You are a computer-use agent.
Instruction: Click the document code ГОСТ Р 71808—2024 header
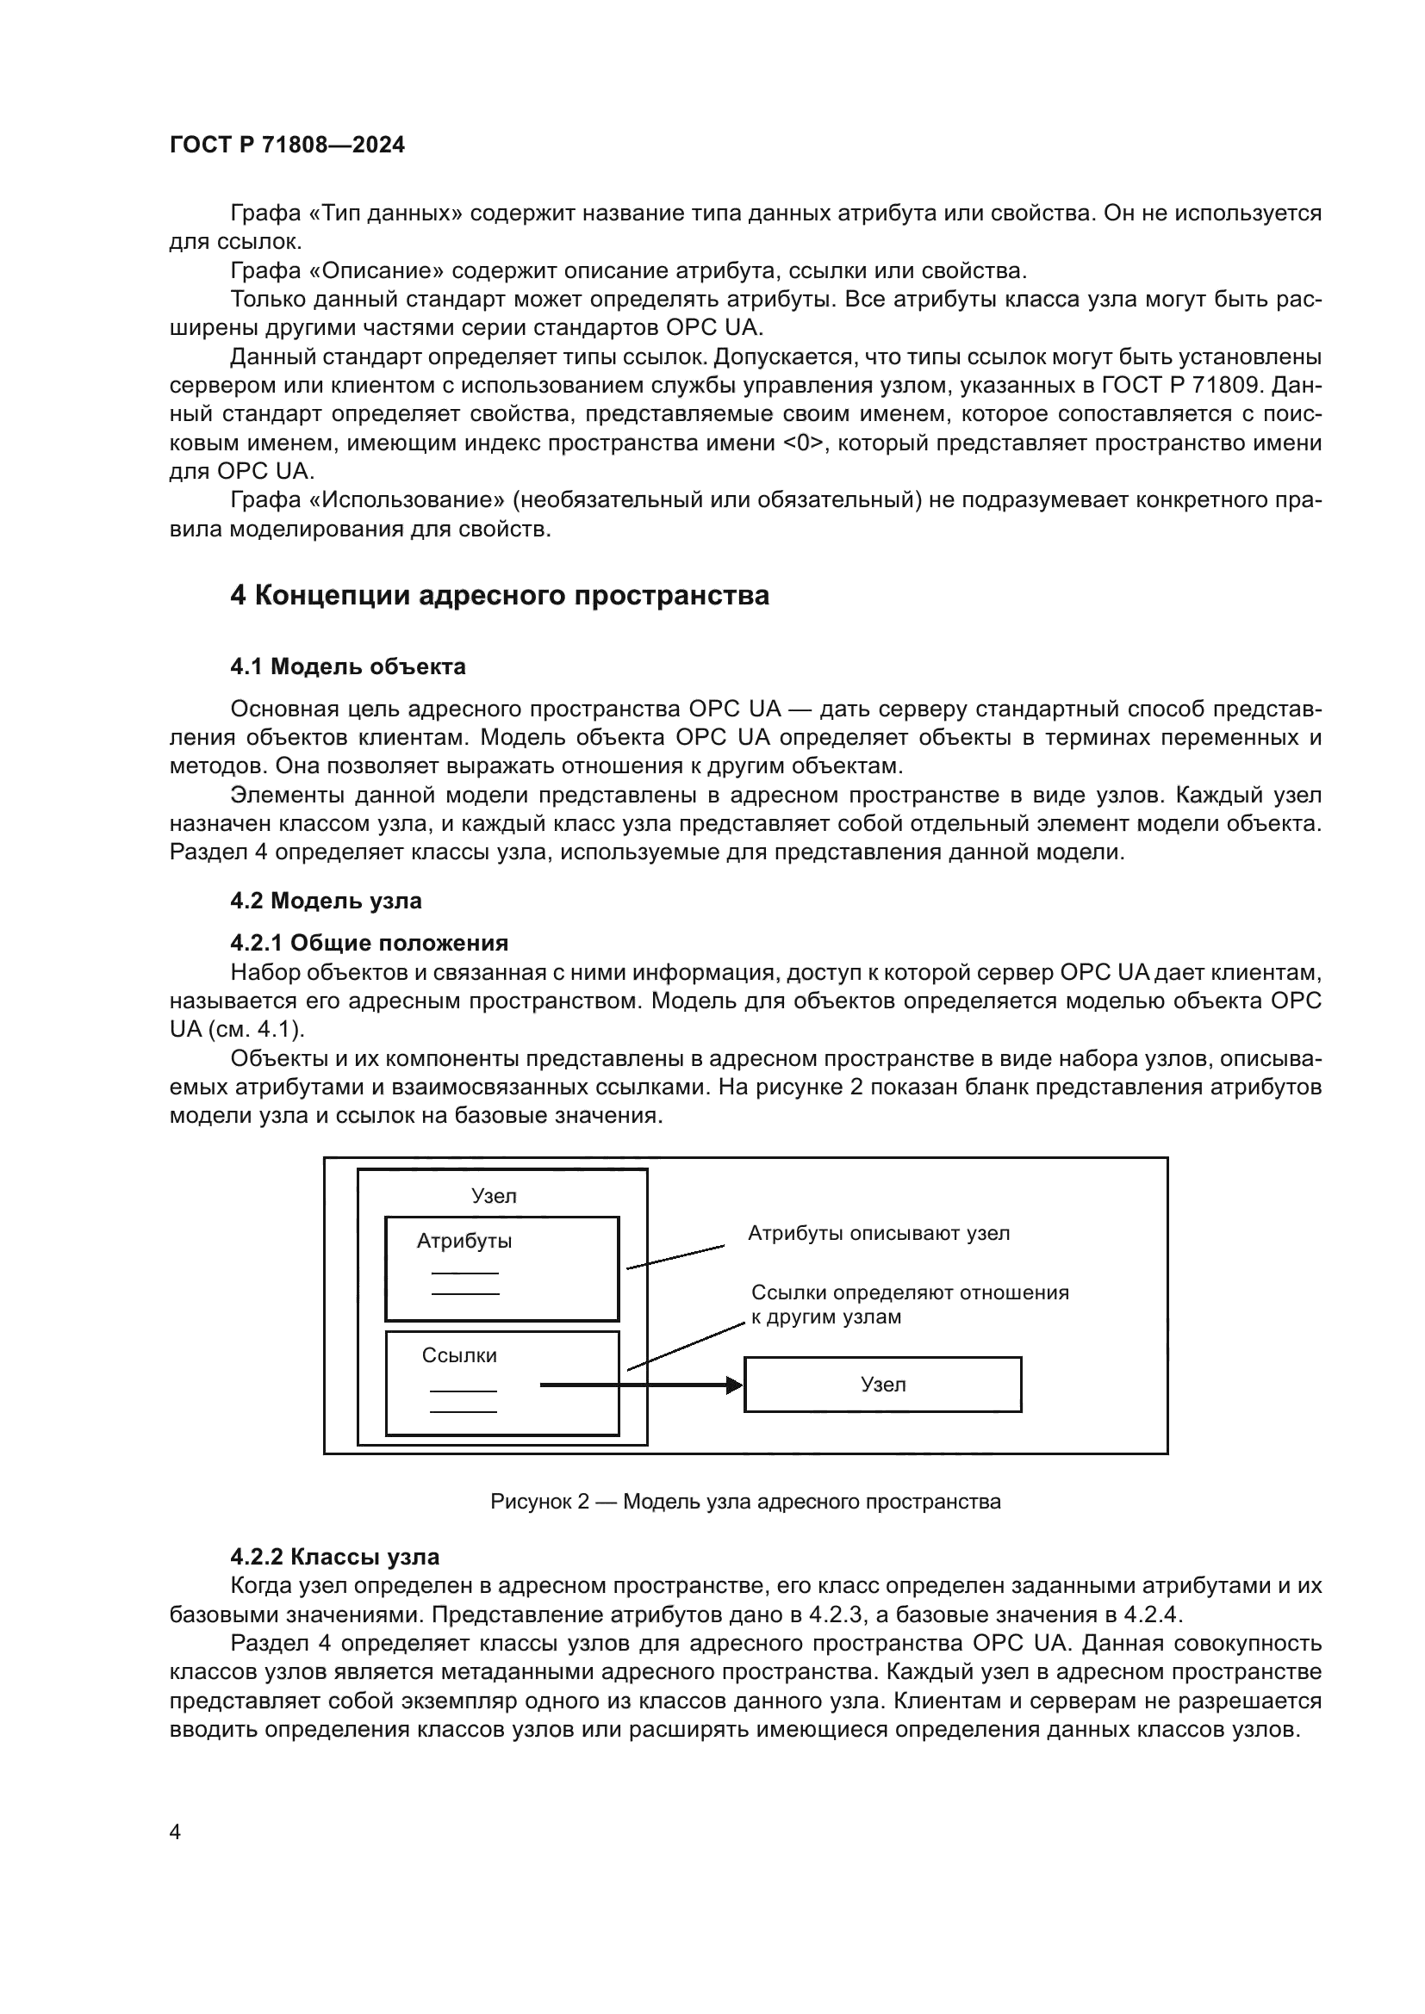[287, 146]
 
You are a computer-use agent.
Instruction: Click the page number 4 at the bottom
[175, 1831]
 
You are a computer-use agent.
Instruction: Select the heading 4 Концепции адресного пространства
[500, 596]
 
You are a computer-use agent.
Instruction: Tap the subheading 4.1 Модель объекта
[347, 666]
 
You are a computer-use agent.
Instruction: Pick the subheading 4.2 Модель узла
[326, 901]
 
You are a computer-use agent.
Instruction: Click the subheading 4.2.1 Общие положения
[369, 943]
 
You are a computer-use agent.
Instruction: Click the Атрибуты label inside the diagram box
[464, 1242]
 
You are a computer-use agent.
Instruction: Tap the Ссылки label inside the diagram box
[459, 1355]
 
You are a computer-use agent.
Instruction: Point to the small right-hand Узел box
[882, 1385]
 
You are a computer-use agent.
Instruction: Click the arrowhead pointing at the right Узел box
[734, 1385]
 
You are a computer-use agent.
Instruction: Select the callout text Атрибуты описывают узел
[878, 1233]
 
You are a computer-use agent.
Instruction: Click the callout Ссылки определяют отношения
[910, 1293]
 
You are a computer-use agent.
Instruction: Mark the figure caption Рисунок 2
[745, 1502]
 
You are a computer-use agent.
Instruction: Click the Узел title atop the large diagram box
[494, 1197]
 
